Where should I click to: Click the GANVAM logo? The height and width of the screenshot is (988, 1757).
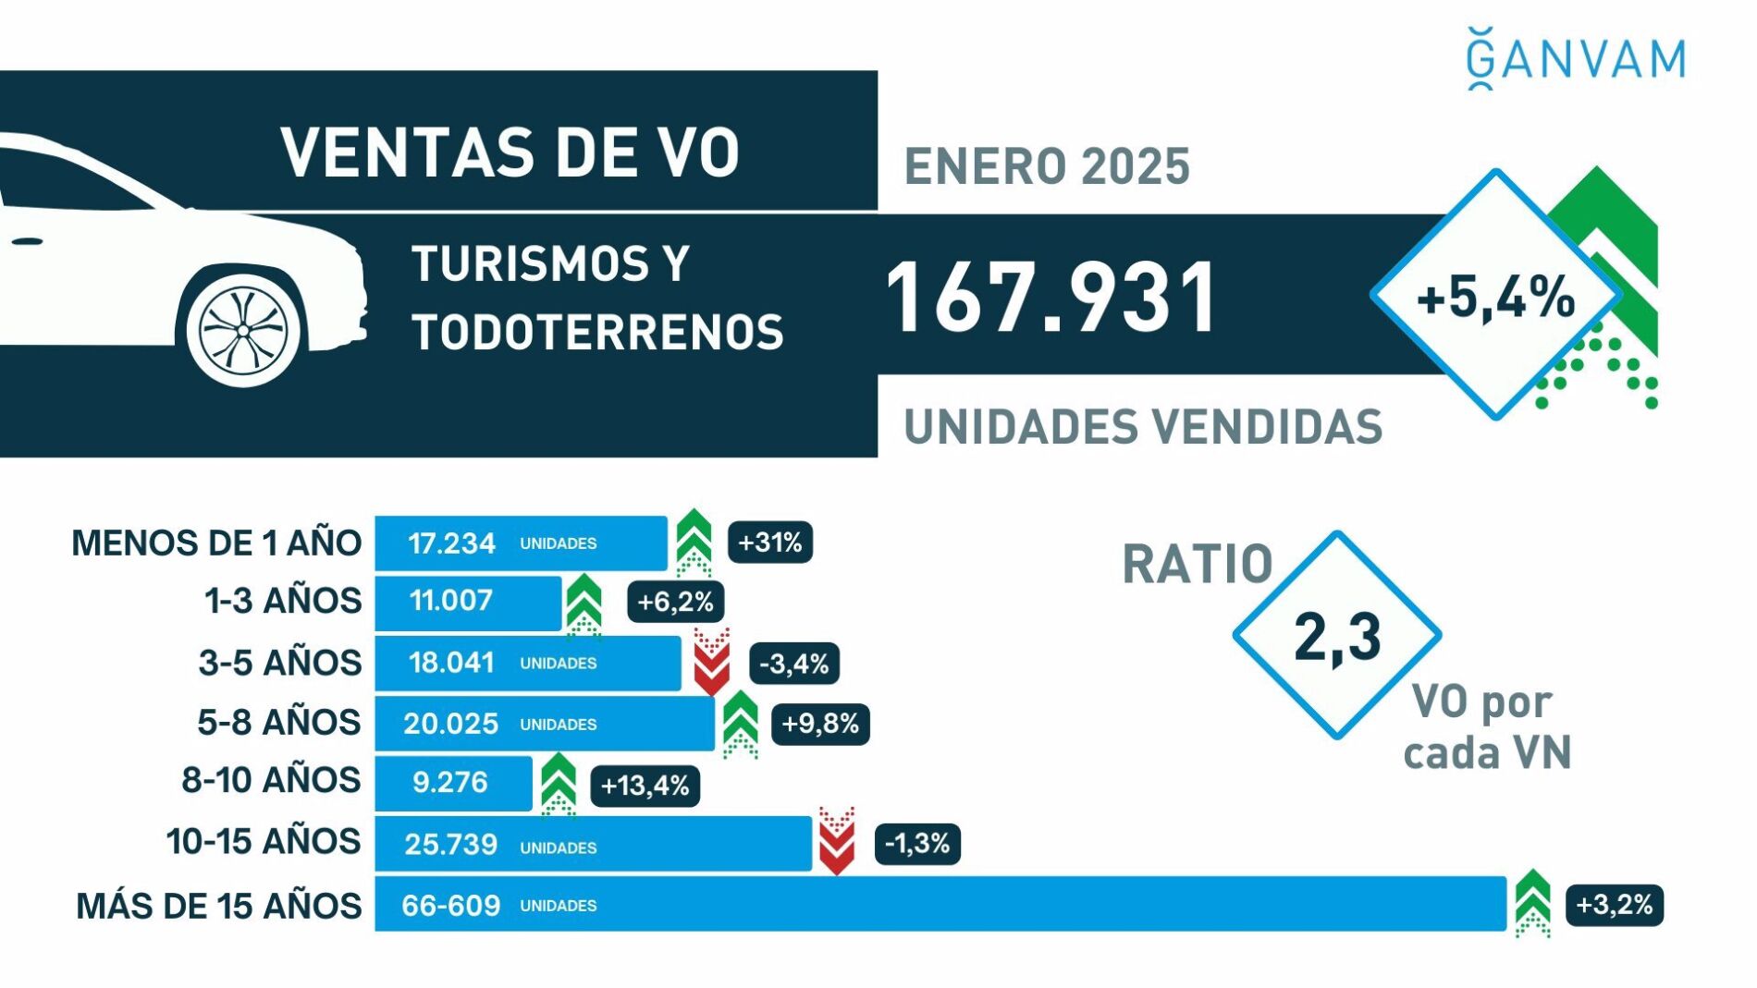pos(1576,59)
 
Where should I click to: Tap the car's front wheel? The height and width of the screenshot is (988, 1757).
pos(243,329)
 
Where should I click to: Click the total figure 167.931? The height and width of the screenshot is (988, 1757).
pos(1051,298)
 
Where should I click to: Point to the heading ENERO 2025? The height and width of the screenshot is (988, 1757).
pos(1047,167)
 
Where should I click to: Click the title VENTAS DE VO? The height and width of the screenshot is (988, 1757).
pos(510,152)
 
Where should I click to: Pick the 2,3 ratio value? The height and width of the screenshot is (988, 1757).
pos(1337,637)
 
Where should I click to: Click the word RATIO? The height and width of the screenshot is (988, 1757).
pos(1198,564)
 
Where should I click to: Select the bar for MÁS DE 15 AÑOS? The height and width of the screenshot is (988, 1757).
pos(940,905)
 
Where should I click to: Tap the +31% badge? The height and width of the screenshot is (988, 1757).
pos(770,543)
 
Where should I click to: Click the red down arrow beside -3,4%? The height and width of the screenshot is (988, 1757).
pos(711,663)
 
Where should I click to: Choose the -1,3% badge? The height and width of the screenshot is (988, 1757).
pos(917,844)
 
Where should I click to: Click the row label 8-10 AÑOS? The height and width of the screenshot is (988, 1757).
pos(271,781)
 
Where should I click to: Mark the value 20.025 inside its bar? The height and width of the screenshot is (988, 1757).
pos(450,724)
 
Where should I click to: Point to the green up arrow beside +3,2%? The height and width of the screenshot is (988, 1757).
pos(1532,903)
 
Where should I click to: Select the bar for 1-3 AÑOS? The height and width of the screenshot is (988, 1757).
pos(468,603)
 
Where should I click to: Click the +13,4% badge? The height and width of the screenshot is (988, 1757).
pos(645,787)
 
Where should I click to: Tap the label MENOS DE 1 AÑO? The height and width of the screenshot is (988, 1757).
pos(216,543)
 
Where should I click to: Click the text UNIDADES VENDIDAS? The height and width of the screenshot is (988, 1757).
pos(1143,427)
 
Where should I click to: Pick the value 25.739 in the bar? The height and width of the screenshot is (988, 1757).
pos(450,845)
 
